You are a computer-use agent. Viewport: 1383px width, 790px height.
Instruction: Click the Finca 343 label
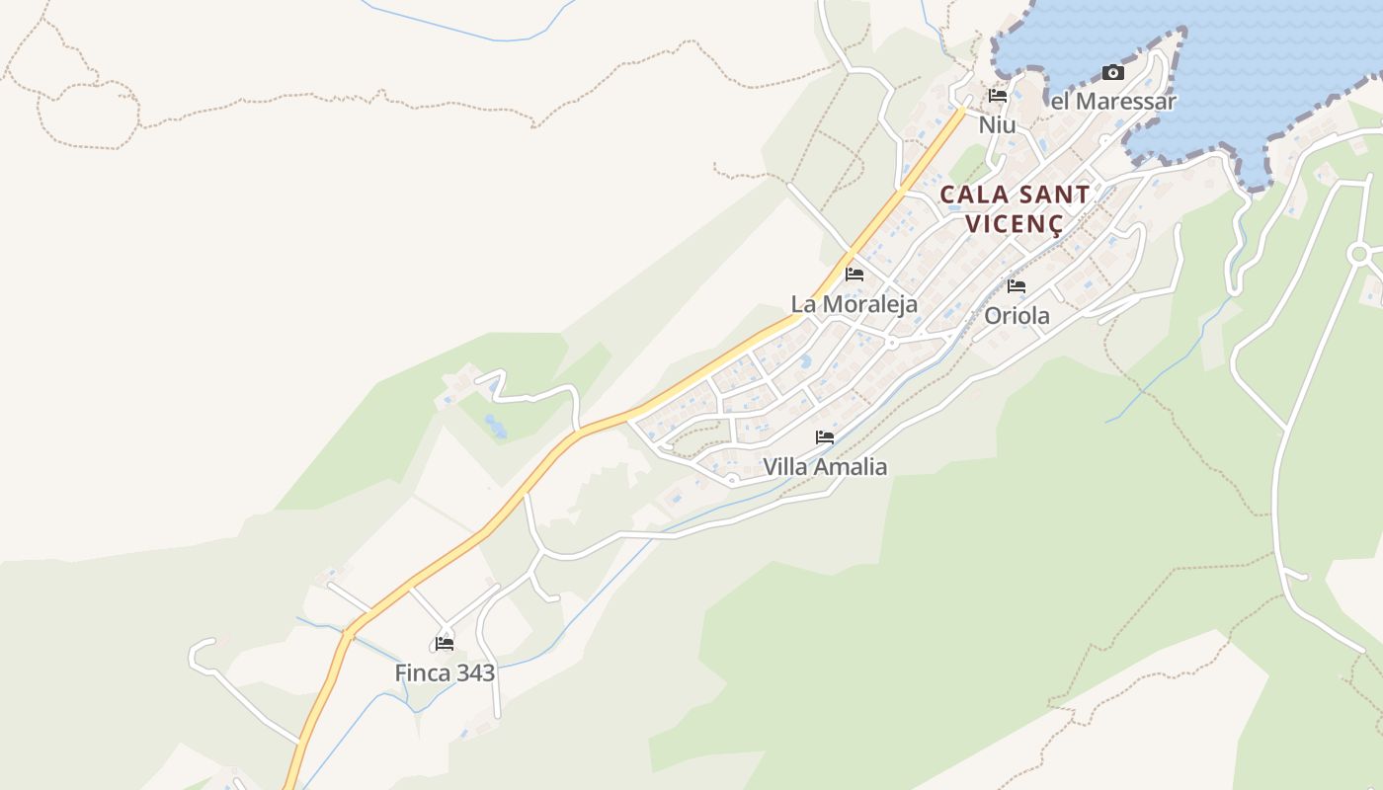[x=445, y=673]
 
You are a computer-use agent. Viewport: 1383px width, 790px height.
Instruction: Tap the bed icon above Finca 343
[x=445, y=644]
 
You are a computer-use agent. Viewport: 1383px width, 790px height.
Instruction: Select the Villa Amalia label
[x=825, y=467]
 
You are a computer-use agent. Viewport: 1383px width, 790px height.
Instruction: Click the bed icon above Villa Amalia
[x=825, y=436]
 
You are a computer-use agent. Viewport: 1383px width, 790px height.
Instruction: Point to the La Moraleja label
[x=854, y=304]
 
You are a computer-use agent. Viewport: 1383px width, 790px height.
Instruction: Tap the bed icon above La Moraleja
[x=854, y=274]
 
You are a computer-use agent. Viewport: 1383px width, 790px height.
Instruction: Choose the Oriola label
[x=1017, y=317]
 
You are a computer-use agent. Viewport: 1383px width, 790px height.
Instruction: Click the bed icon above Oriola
[x=1017, y=286]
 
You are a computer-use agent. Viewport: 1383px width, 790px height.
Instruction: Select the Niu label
[x=997, y=125]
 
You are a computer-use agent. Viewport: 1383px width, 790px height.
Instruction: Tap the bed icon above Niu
[x=998, y=96]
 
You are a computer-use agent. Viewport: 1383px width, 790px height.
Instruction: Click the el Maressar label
[x=1113, y=102]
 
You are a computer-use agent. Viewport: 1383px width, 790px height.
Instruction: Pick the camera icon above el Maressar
[x=1113, y=72]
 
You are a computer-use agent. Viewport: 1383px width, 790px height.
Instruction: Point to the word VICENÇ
[x=1015, y=224]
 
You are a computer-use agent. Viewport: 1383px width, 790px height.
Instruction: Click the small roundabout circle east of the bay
[x=1359, y=254]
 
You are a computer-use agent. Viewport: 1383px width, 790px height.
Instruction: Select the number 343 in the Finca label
[x=471, y=673]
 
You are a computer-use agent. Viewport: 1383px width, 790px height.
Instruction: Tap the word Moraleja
[x=869, y=304]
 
